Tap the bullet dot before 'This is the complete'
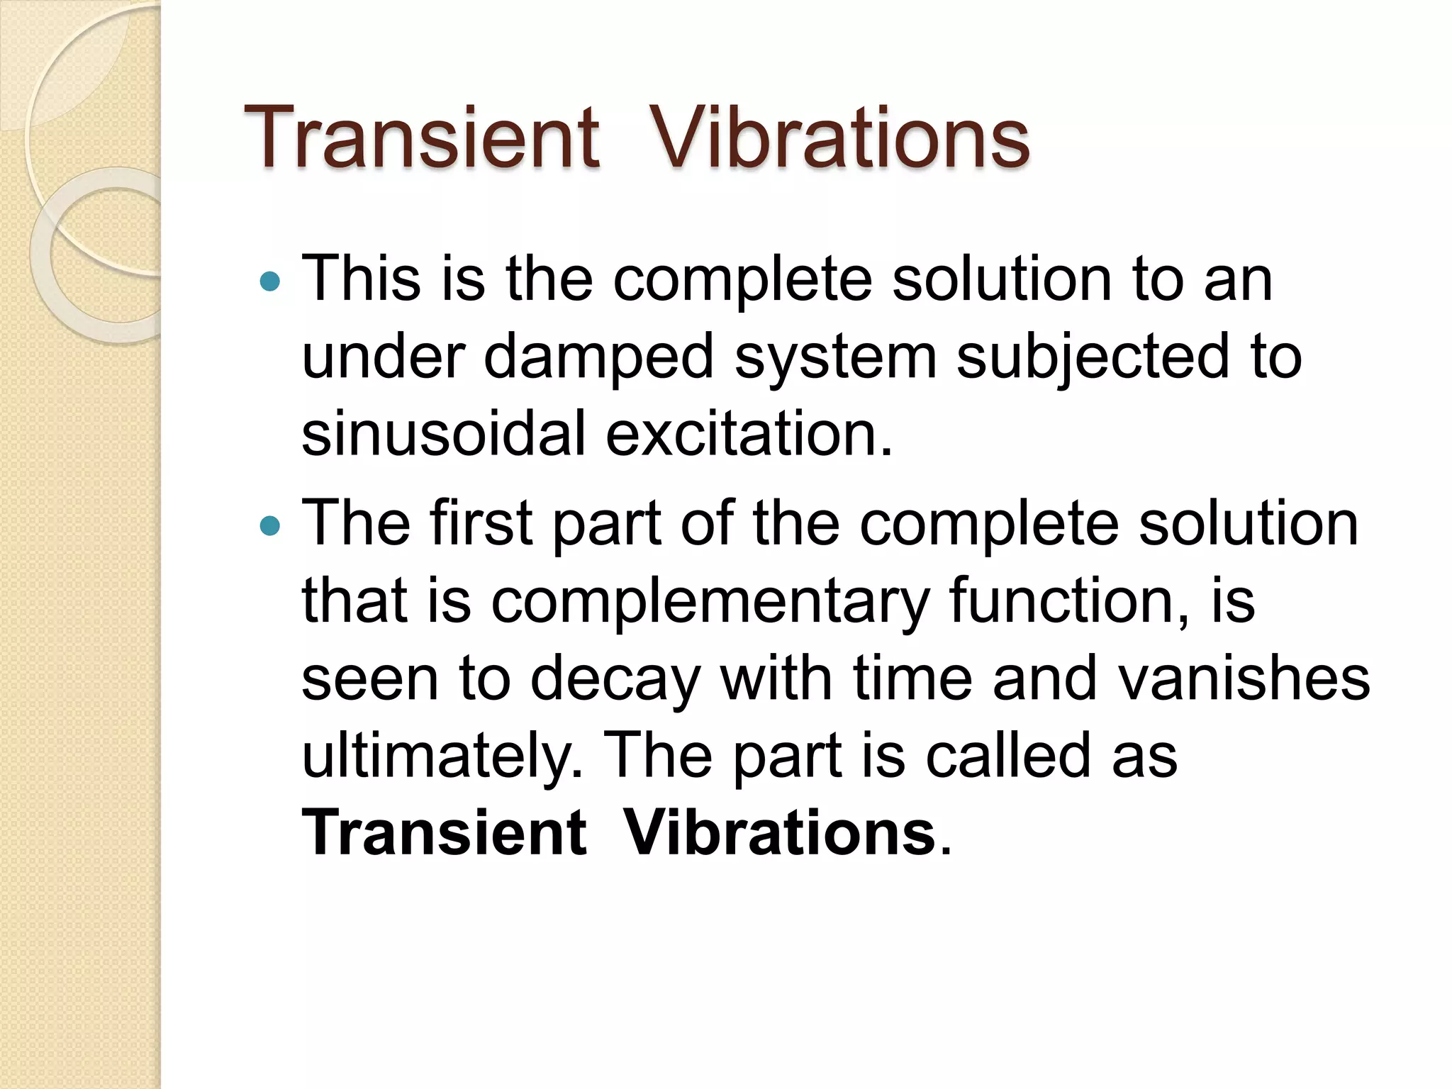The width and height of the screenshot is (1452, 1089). click(x=270, y=282)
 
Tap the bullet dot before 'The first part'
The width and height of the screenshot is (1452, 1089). click(x=270, y=526)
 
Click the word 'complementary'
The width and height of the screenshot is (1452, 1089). click(x=710, y=601)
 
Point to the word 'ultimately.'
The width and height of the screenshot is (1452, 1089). click(x=442, y=756)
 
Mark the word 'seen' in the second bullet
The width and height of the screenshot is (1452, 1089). click(x=369, y=679)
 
